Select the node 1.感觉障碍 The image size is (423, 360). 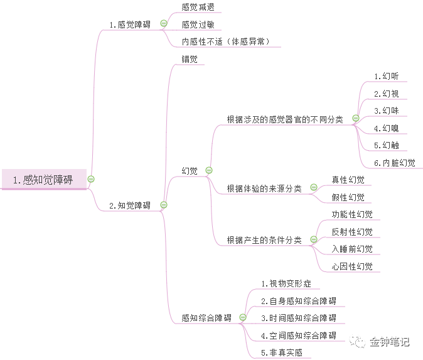[130, 25]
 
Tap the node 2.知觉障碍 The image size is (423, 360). [130, 205]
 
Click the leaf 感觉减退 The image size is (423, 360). [198, 8]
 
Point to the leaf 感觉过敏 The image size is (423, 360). [198, 25]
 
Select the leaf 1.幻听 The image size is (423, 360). [386, 76]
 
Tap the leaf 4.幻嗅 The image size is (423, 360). [386, 128]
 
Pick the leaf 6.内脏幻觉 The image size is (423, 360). [394, 163]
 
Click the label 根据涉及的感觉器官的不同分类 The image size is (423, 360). [285, 119]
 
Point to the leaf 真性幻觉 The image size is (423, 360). [348, 180]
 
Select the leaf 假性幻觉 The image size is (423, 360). [348, 197]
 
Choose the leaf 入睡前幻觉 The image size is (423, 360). [352, 249]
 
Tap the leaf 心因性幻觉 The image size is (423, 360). [352, 266]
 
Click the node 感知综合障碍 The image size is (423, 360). [206, 318]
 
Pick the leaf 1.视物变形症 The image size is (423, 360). [286, 284]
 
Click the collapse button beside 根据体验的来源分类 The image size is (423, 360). [314, 187]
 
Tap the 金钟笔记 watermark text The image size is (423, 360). [389, 342]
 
